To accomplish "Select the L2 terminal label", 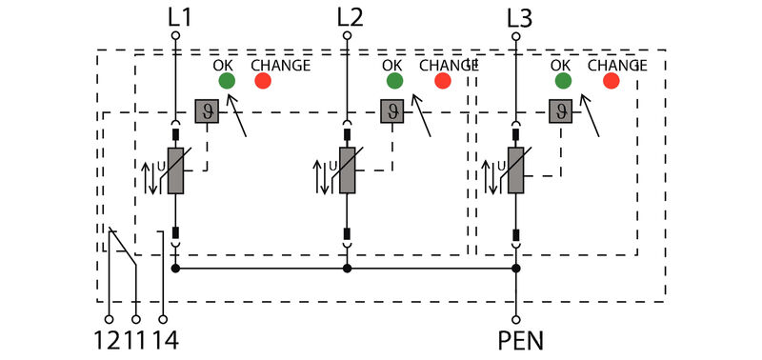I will [351, 16].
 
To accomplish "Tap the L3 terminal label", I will [519, 16].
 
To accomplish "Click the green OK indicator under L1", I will [226, 81].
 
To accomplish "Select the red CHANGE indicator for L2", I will [442, 81].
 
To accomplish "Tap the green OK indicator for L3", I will [563, 81].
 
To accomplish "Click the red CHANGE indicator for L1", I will [263, 81].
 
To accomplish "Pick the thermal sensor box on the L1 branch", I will [206, 111].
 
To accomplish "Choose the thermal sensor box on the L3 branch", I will [559, 111].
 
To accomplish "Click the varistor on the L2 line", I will [348, 170].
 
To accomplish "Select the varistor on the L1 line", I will [175, 170].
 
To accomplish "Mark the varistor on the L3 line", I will [515, 170].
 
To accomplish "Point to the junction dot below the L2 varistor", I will [348, 270].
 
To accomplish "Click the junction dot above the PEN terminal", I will [515, 270].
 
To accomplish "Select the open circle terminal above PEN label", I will [515, 319].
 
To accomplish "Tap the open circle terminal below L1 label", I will [175, 35].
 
